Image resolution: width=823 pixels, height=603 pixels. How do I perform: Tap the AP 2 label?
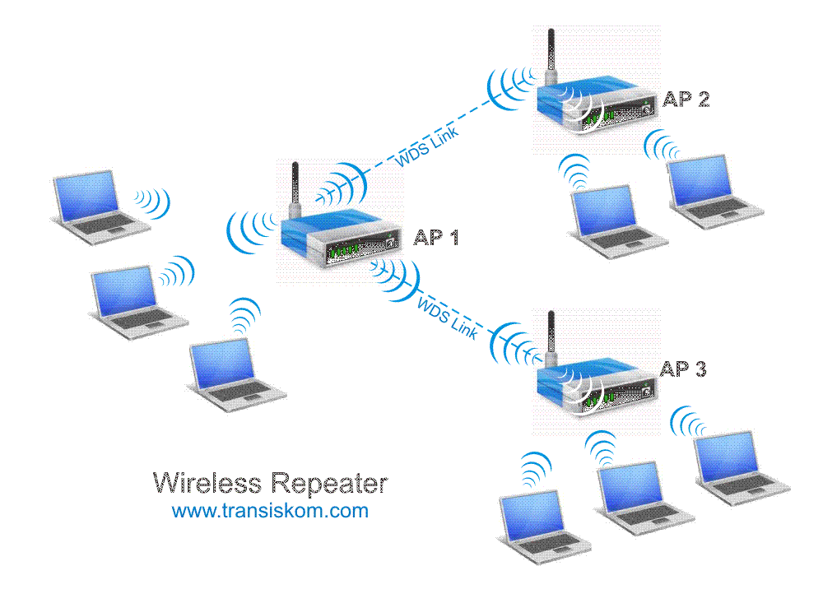click(686, 100)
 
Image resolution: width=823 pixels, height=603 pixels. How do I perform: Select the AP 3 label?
click(683, 369)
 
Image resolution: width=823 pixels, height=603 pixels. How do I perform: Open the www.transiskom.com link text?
click(270, 511)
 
